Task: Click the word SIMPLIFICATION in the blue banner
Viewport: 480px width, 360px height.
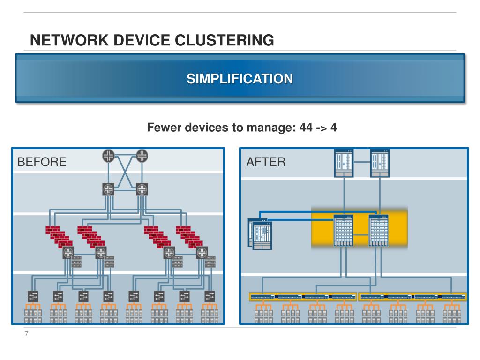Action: click(240, 79)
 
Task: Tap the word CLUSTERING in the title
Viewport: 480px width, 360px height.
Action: click(225, 40)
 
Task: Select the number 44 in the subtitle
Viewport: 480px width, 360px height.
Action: click(306, 127)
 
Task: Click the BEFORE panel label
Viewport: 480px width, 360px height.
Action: click(42, 162)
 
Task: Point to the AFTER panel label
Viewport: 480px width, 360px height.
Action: click(266, 162)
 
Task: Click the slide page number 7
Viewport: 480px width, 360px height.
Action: click(27, 334)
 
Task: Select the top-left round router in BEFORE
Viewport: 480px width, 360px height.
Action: click(108, 156)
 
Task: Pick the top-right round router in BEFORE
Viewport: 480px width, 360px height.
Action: click(142, 156)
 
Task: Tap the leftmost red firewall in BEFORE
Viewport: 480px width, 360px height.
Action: click(59, 236)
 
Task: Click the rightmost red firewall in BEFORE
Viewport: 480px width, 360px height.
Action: click(189, 236)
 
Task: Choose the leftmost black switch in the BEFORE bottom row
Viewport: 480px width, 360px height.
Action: click(33, 296)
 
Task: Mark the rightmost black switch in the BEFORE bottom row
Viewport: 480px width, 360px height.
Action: click(210, 296)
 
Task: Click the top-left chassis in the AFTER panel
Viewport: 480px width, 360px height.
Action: click(344, 163)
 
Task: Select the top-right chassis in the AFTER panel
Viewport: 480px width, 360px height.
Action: click(380, 163)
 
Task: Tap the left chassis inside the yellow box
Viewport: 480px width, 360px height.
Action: click(343, 231)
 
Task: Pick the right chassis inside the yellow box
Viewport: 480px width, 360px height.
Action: click(378, 231)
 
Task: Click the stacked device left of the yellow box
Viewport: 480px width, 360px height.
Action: click(260, 234)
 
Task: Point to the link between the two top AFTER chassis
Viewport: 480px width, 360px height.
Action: click(362, 162)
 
